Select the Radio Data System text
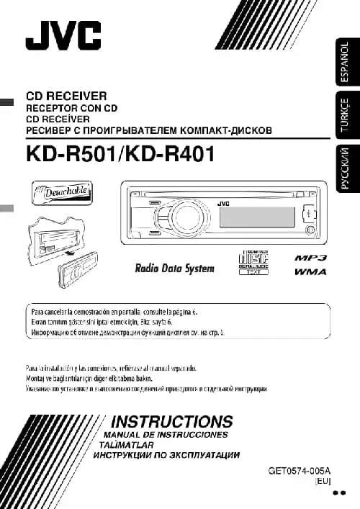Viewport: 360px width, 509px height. (175, 269)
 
